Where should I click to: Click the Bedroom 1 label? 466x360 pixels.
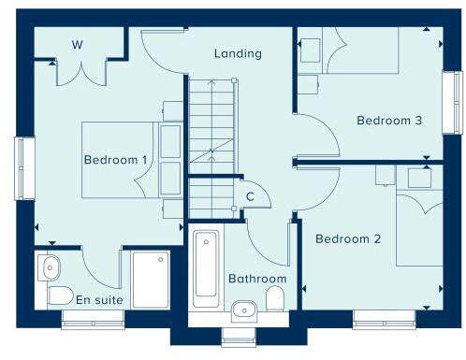tap(116, 160)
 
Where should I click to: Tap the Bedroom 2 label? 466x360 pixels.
tap(348, 239)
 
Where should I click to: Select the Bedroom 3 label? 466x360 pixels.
tap(389, 121)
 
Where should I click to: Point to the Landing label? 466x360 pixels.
tap(238, 53)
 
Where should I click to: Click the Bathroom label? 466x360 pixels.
tap(257, 279)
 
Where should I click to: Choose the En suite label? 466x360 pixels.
tap(98, 299)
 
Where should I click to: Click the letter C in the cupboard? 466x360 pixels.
tap(250, 195)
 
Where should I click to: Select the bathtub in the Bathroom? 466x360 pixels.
tap(206, 266)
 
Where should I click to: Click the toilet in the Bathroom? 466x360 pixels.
tap(275, 299)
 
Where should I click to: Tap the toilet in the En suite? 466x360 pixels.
tap(58, 296)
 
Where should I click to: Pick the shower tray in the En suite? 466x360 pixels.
tap(151, 280)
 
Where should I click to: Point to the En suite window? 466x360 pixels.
tap(93, 319)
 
